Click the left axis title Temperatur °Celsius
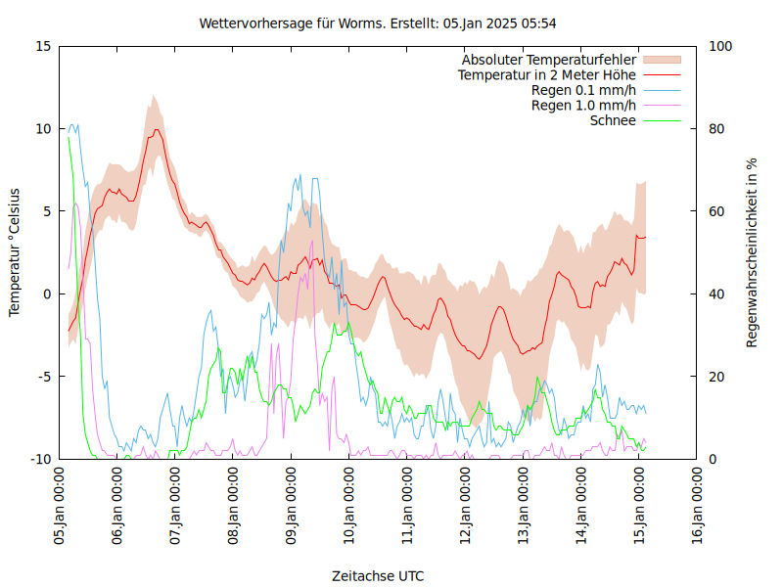(15, 251)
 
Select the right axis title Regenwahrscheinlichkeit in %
(753, 252)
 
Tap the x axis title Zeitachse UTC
(378, 575)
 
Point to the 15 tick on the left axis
(43, 46)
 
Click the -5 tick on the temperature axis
(43, 377)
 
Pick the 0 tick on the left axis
(48, 293)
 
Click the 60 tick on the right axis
(716, 211)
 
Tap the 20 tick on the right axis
(716, 377)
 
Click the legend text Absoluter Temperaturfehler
(549, 60)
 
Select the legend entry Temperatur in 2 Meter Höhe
(547, 74)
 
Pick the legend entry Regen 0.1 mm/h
(583, 90)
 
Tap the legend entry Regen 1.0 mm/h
(583, 105)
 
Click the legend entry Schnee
(614, 120)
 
